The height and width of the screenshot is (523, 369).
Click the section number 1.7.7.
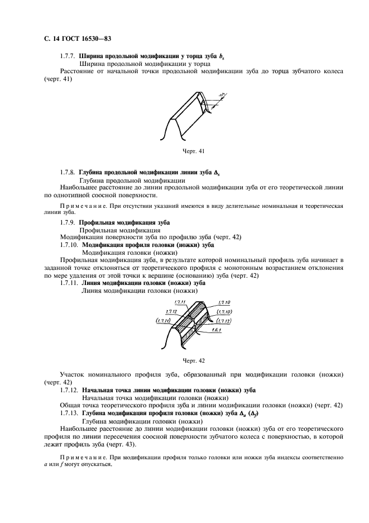point(68,56)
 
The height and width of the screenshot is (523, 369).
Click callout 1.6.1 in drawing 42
point(217,330)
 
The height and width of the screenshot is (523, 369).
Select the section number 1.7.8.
point(68,173)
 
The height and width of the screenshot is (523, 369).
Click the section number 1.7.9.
point(68,222)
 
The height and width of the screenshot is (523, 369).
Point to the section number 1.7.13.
point(70,412)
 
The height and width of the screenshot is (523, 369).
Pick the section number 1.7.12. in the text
point(70,389)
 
